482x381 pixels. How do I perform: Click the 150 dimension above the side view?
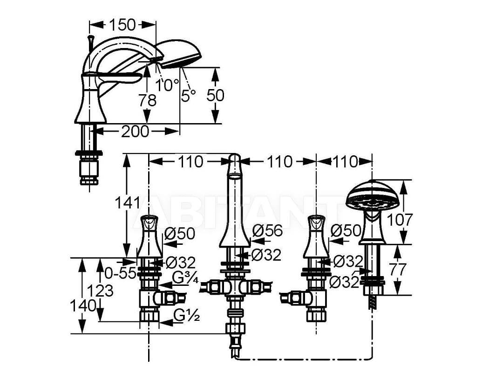[122, 24]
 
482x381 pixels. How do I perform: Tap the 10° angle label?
[167, 85]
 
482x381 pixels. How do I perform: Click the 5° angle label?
[189, 95]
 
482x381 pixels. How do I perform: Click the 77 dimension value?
[398, 269]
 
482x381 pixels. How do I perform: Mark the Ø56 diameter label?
[267, 230]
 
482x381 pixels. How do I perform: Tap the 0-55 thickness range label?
[120, 272]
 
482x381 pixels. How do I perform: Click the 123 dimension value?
[100, 291]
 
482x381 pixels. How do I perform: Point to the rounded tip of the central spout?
[235, 158]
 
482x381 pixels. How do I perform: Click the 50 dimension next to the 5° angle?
[215, 95]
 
